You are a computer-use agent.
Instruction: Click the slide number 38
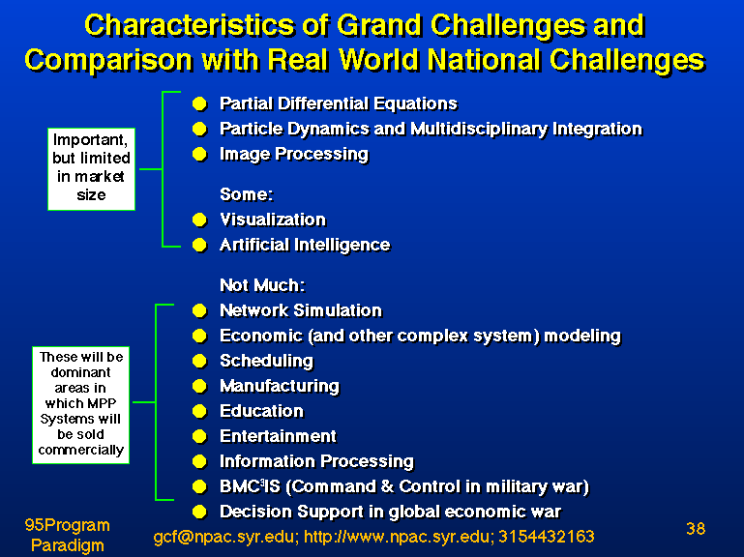[696, 529]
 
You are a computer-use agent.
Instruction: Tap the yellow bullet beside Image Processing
[199, 154]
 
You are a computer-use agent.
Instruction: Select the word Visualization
[273, 220]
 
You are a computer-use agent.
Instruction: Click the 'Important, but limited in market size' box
[92, 169]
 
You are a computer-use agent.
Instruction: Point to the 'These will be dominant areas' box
[80, 405]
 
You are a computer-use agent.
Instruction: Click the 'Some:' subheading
[247, 194]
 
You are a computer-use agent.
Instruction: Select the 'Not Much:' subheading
[262, 285]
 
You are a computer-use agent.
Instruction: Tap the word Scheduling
[267, 362]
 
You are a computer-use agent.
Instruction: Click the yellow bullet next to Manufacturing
[199, 386]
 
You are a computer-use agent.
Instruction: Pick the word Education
[262, 411]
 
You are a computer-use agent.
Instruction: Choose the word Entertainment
[278, 436]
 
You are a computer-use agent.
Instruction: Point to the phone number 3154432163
[546, 537]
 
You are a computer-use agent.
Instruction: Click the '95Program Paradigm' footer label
[68, 535]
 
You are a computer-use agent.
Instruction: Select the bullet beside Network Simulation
[199, 310]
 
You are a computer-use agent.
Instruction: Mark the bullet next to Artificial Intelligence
[199, 245]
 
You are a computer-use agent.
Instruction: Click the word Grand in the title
[378, 25]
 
